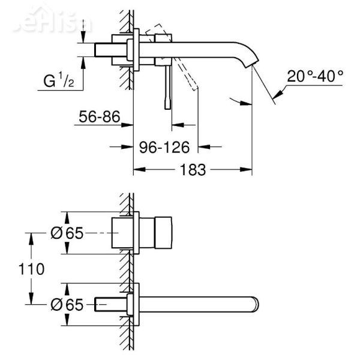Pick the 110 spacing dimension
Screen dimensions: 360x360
tap(32, 269)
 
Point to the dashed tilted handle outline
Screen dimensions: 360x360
tap(180, 60)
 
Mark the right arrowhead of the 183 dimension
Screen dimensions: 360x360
tap(248, 170)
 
